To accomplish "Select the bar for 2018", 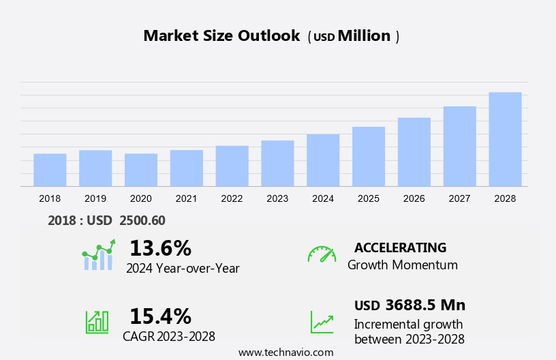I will point(50,170).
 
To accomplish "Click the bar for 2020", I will point(141,170).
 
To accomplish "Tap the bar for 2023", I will point(277,163).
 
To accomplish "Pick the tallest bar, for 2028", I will point(505,139).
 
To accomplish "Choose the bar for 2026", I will point(414,151).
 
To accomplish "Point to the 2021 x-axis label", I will point(186,198).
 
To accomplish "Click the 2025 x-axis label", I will point(369,198).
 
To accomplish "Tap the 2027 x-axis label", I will point(459,198).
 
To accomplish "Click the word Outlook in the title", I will point(268,36).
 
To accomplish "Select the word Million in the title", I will point(364,36).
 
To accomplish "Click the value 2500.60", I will point(142,220).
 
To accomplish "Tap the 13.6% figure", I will point(160,247).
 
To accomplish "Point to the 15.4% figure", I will point(160,316).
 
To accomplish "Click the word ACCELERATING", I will point(400,247).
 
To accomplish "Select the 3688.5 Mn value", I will point(425,305).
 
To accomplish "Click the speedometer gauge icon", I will point(322,254).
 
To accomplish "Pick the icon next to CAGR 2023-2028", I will point(97,321).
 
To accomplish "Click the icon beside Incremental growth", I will point(322,322).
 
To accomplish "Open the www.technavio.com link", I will point(285,352).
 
